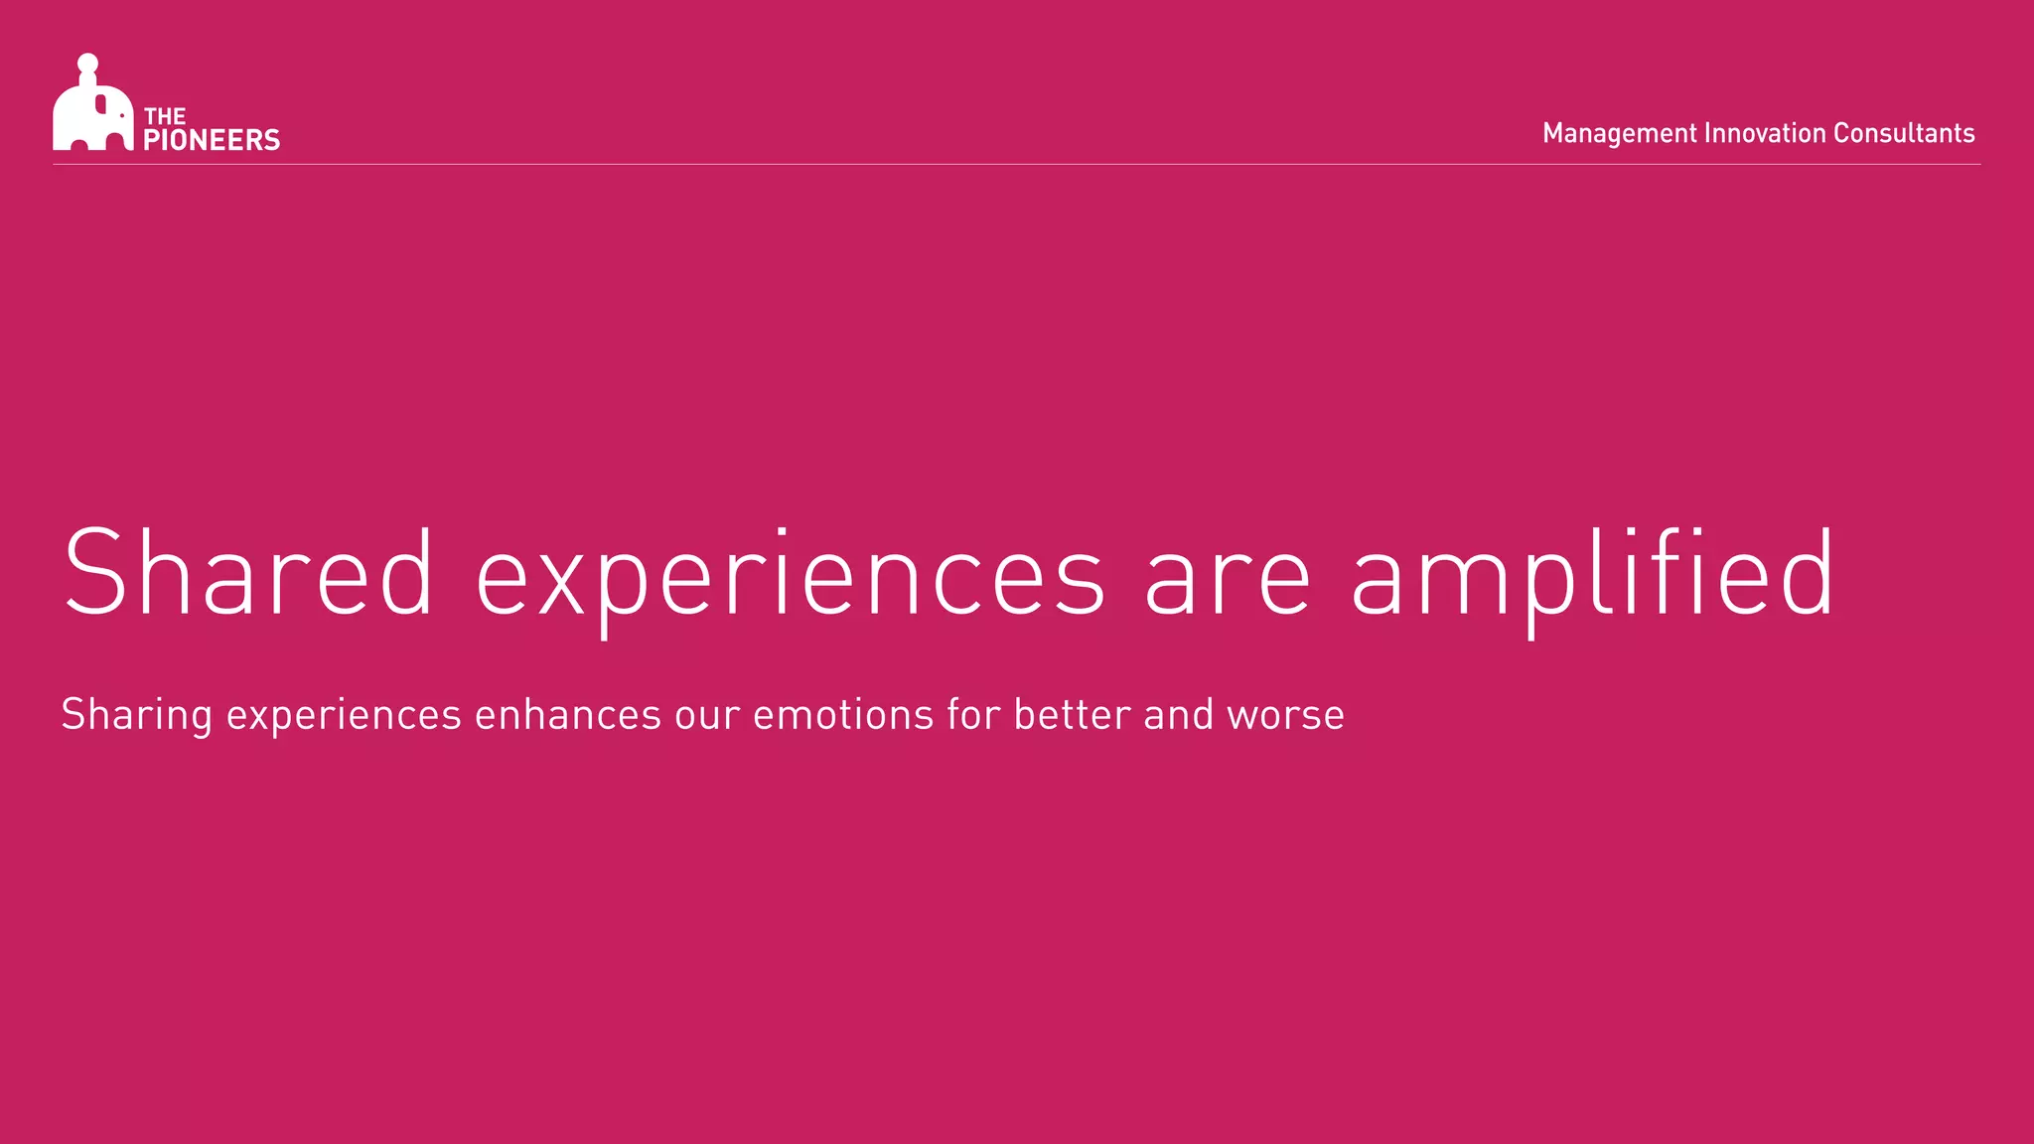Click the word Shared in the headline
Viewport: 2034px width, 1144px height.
click(248, 574)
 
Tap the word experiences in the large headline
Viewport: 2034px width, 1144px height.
click(790, 576)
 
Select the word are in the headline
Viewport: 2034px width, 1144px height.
click(1229, 576)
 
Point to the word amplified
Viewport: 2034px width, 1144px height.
click(1592, 574)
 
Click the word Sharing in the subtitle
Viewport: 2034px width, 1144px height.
click(136, 715)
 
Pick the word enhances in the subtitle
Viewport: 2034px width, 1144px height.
click(568, 715)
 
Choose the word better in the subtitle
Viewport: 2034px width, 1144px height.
click(1073, 715)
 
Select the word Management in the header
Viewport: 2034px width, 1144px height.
click(1619, 133)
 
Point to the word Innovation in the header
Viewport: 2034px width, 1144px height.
click(1765, 133)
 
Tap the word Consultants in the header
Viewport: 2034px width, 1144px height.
click(1904, 133)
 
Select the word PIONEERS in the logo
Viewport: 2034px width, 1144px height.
click(212, 140)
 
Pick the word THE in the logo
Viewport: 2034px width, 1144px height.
click(165, 116)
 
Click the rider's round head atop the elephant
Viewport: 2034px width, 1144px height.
click(87, 64)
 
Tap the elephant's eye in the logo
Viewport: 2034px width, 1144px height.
click(121, 115)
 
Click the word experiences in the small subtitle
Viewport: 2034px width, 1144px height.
click(344, 715)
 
